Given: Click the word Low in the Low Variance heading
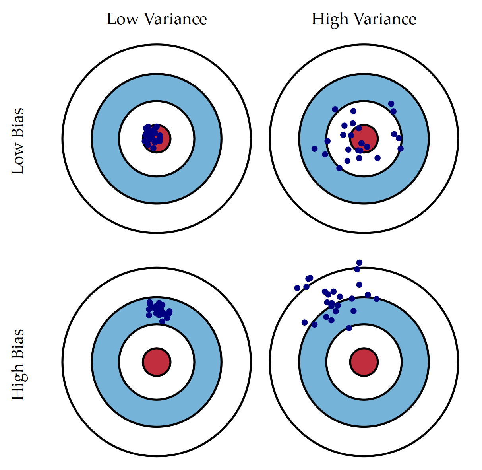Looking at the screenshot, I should [x=123, y=19].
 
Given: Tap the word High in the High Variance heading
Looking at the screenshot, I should [x=329, y=19].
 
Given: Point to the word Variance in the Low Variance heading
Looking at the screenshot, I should [x=175, y=19].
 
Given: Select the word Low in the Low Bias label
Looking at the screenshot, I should [x=18, y=161].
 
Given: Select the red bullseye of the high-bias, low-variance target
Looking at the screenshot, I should [x=157, y=362].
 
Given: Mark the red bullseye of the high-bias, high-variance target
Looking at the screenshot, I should [x=364, y=362].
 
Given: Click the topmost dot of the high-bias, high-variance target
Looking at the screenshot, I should [x=359, y=262].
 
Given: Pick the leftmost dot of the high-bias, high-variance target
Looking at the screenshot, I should [x=297, y=288].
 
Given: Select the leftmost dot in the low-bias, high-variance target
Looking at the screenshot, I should [x=315, y=149].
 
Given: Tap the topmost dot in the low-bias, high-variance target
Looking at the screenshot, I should [x=391, y=103].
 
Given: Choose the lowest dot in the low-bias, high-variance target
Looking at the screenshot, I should [x=339, y=168].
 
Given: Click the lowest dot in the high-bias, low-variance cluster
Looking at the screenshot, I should [x=162, y=321].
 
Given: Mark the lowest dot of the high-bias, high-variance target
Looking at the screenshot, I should [x=349, y=328].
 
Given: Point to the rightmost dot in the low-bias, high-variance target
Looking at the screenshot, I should [x=401, y=149].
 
